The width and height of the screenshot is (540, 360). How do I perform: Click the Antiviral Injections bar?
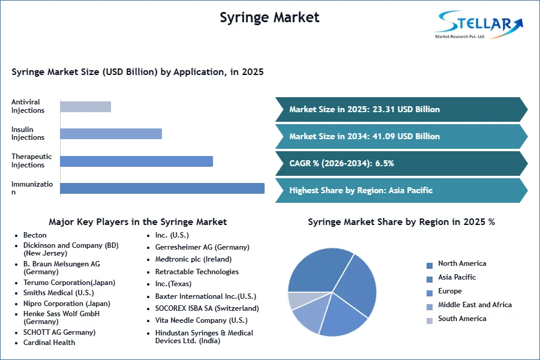85,107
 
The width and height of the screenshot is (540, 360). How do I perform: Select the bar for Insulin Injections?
111,134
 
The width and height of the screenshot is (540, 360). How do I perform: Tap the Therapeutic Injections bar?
136,161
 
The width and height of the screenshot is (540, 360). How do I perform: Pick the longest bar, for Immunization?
162,188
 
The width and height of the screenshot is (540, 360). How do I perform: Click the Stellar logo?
479,25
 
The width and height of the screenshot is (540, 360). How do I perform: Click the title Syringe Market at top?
269,17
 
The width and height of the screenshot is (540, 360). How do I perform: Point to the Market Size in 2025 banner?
401,110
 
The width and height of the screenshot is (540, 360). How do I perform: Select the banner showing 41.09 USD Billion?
401,136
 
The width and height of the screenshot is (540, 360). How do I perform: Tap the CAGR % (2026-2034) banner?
401,163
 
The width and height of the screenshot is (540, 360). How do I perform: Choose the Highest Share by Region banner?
401,190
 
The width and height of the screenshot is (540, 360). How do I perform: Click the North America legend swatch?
430,266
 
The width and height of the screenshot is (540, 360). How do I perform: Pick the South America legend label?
462,319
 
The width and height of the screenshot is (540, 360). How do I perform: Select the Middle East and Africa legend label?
475,305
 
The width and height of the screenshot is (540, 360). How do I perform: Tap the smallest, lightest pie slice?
299,301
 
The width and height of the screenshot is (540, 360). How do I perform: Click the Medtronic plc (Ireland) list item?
193,259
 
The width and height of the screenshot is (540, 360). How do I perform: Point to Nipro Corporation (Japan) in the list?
67,304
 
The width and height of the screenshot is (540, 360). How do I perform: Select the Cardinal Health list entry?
49,343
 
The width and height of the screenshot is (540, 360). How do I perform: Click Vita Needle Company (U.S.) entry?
201,320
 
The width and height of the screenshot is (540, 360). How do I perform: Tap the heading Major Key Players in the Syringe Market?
138,222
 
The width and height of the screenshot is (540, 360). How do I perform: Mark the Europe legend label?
450,291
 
